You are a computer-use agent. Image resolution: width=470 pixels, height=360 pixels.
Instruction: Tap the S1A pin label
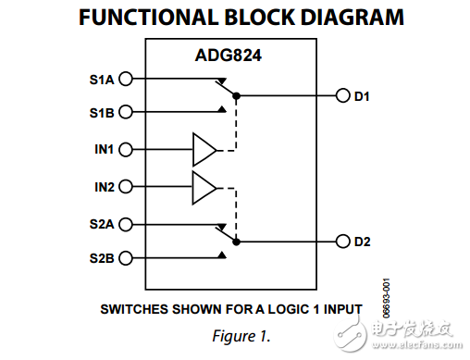[103, 79]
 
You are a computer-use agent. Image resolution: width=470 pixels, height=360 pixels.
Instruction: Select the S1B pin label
[103, 113]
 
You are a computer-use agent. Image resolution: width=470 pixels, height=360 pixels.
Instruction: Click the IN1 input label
[104, 149]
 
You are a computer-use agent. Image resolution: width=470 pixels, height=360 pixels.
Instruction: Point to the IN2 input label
[104, 187]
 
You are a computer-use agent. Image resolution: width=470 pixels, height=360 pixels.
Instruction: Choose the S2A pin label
[103, 223]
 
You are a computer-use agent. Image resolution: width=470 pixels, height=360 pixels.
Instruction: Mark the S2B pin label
[103, 258]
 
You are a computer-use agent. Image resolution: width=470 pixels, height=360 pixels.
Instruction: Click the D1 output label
[363, 95]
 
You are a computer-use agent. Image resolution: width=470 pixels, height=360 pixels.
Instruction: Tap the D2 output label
[363, 242]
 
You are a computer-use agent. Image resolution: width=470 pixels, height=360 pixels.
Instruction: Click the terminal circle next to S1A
[125, 79]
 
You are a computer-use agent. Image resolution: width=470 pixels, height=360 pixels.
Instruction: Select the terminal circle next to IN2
[125, 187]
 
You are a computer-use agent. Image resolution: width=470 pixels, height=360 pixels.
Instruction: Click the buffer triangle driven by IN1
[203, 149]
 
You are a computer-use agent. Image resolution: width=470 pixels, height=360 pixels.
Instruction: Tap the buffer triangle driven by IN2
[203, 187]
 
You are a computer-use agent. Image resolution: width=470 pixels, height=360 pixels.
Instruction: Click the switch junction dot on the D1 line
[238, 95]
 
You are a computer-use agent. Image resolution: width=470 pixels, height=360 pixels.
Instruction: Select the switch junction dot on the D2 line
[238, 242]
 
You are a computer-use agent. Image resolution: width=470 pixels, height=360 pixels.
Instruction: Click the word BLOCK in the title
[221, 17]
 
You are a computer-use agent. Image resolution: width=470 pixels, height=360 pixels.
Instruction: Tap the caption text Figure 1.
[234, 332]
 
